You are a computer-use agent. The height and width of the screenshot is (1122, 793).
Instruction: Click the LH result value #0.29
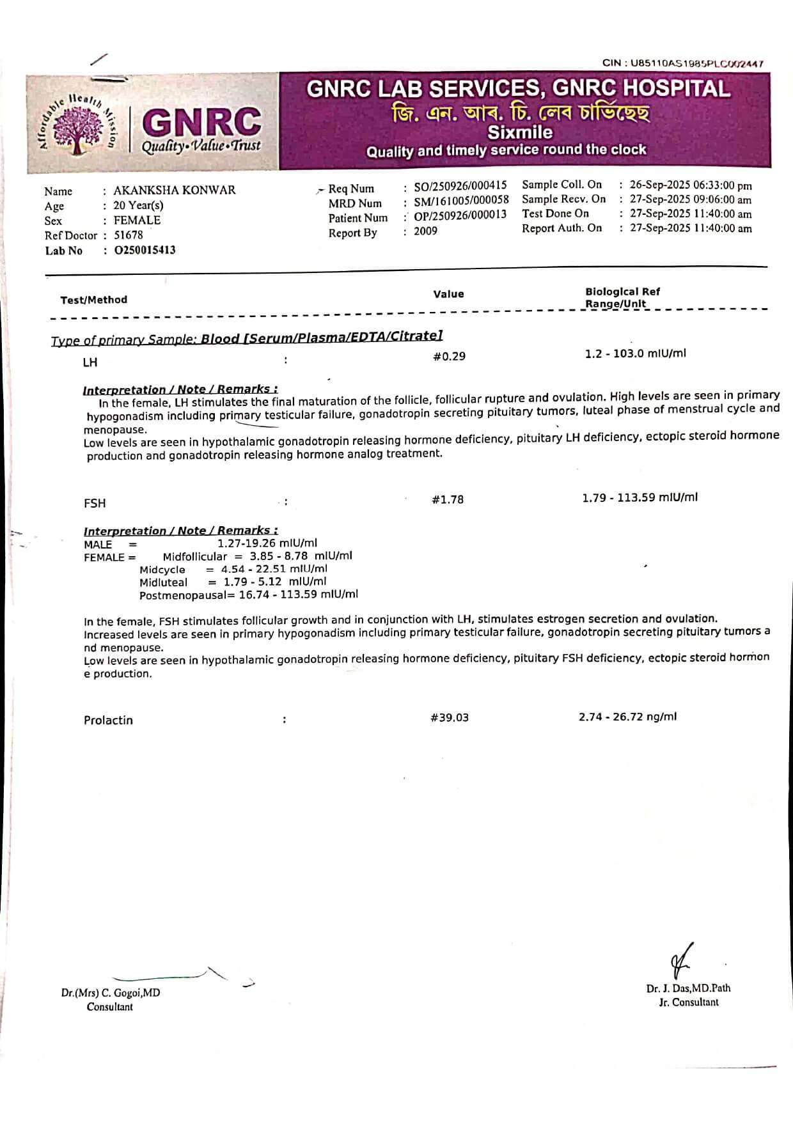449,357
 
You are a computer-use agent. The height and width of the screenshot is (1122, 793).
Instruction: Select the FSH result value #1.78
448,500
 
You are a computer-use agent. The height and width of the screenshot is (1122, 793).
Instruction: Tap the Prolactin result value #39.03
450,718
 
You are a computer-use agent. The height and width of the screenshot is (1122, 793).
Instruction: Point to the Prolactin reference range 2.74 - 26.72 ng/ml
627,717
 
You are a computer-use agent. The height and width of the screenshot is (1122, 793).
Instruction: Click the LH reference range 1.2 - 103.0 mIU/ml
635,354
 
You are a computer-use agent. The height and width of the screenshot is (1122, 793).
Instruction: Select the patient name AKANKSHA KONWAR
174,191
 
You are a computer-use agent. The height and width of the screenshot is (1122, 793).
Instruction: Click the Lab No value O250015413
145,251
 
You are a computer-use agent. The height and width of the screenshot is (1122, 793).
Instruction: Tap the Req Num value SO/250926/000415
460,186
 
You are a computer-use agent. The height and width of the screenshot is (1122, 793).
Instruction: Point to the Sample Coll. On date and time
691,186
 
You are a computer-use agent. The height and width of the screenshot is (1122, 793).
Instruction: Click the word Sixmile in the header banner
520,132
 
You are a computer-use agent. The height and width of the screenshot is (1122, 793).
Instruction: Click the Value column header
448,294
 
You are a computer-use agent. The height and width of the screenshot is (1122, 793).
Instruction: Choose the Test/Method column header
94,300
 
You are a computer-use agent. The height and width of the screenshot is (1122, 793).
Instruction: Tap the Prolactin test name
108,721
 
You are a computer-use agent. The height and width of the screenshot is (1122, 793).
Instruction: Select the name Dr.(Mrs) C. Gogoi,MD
111,993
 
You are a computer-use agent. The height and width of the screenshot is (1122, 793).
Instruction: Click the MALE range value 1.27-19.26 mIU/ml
267,544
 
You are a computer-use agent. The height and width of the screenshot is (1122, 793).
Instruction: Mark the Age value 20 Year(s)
138,206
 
